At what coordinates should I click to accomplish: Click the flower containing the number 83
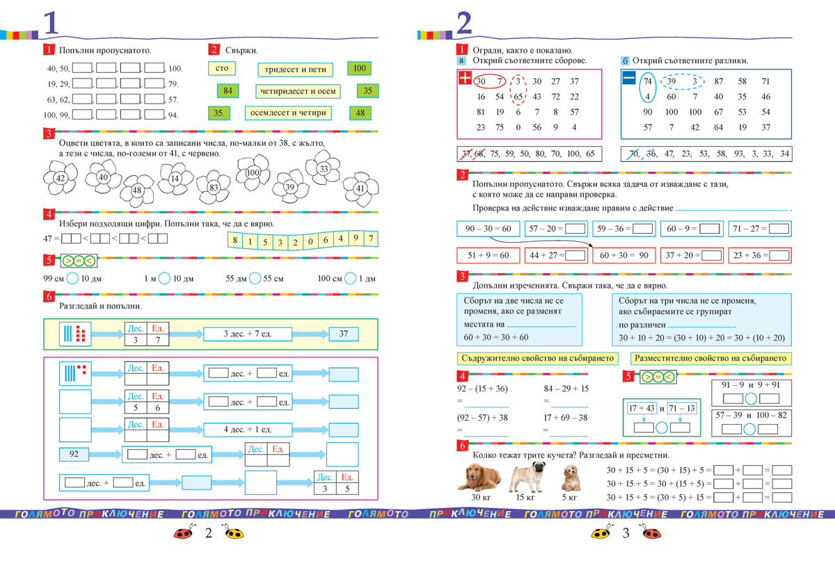click(213, 187)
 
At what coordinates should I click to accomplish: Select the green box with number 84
click(228, 91)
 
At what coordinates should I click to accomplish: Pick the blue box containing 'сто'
click(222, 69)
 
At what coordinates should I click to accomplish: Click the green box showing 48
click(360, 113)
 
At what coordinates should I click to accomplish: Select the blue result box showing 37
click(343, 334)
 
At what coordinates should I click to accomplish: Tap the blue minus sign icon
click(629, 79)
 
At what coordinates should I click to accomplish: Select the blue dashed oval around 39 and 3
click(681, 81)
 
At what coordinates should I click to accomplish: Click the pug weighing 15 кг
click(525, 477)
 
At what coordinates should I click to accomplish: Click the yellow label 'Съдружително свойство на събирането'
click(538, 359)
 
